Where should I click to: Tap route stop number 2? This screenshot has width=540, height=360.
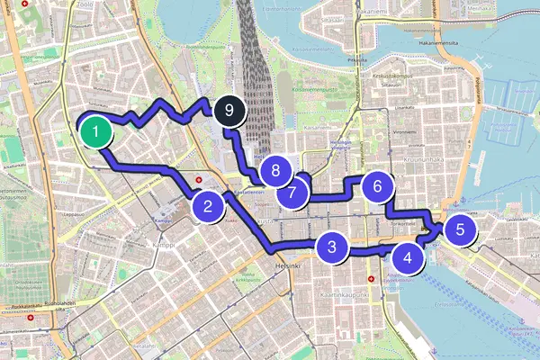pyautogui.click(x=208, y=207)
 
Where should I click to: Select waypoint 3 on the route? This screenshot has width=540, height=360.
pyautogui.click(x=332, y=247)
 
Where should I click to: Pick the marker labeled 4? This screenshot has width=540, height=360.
pyautogui.click(x=409, y=259)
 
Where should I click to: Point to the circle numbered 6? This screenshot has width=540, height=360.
pyautogui.click(x=378, y=186)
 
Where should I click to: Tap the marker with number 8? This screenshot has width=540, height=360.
pyautogui.click(x=275, y=170)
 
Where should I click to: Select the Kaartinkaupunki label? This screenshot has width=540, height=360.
pyautogui.click(x=345, y=295)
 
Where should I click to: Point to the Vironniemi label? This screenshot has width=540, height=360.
pyautogui.click(x=405, y=132)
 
